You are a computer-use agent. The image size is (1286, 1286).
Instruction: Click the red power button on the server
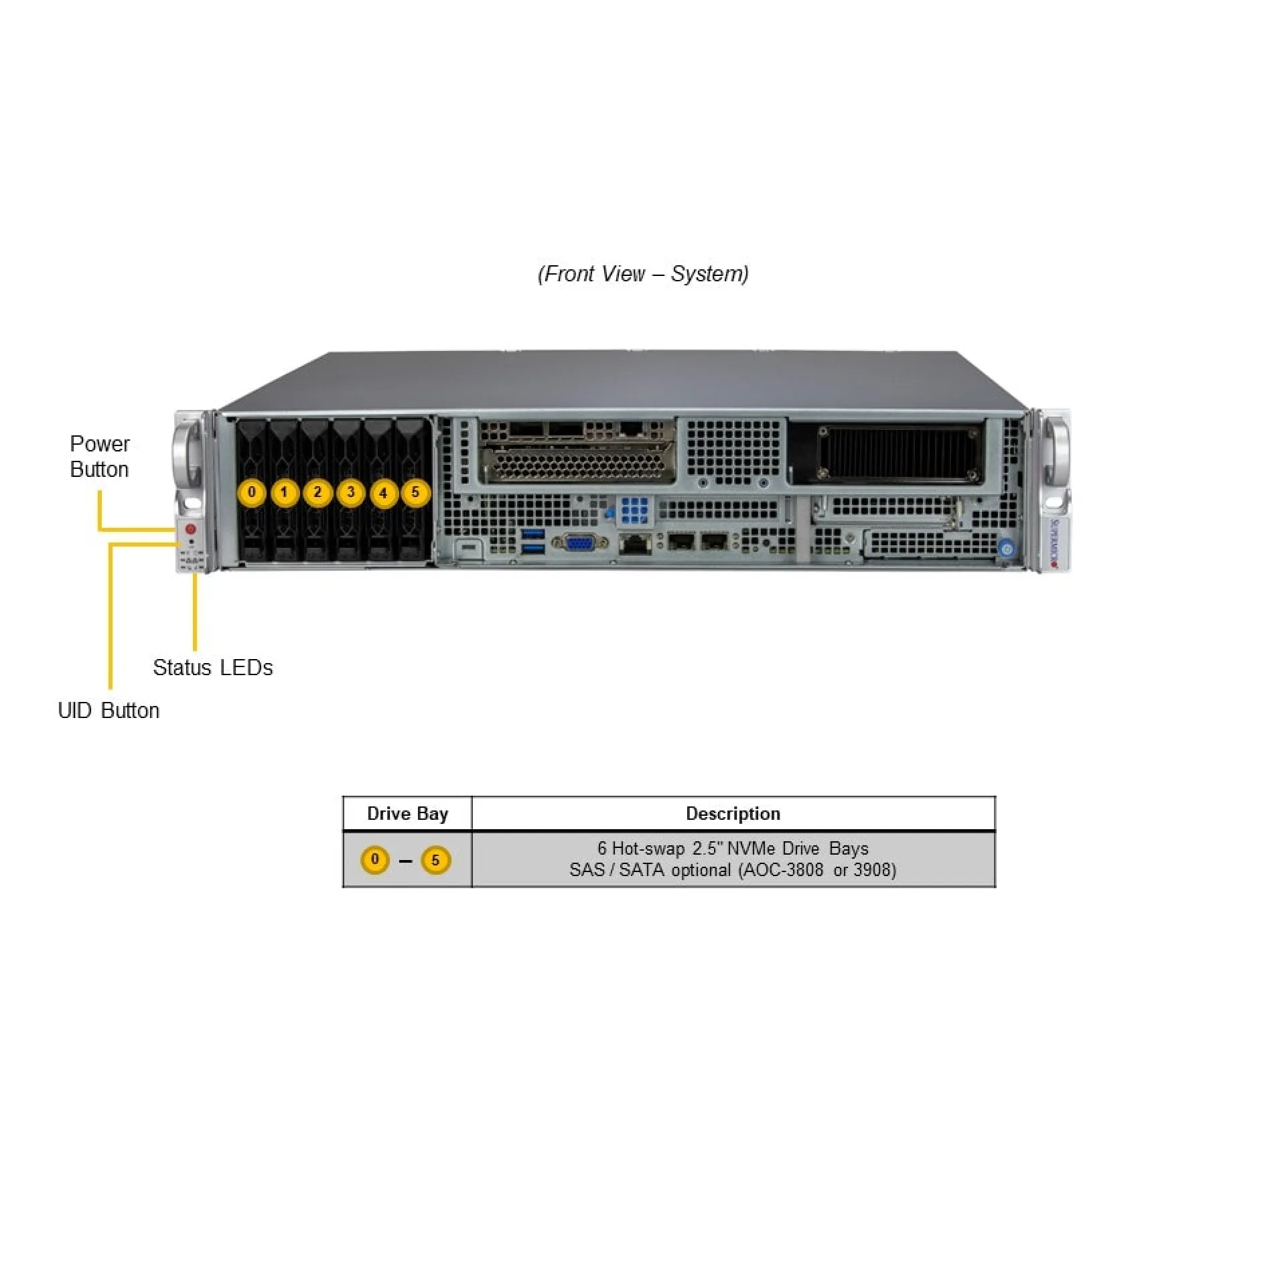(190, 529)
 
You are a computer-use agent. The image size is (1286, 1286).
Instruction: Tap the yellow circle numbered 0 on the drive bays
(252, 492)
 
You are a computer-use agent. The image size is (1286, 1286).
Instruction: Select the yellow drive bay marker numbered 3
(350, 492)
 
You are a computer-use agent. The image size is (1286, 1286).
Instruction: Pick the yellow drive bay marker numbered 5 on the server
(415, 492)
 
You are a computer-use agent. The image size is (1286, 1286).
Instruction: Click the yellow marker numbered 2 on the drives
(317, 492)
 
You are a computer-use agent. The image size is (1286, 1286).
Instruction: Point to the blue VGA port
(580, 543)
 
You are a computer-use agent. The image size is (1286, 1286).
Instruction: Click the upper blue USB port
(533, 534)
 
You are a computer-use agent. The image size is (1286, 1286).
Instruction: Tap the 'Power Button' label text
(100, 456)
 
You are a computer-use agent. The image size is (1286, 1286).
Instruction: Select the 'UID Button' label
(109, 710)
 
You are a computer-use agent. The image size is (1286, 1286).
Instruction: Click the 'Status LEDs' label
(213, 667)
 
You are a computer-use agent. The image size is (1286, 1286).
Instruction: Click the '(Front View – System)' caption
(643, 274)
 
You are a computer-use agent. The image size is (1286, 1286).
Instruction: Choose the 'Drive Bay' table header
(407, 814)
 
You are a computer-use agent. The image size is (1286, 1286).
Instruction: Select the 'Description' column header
(733, 814)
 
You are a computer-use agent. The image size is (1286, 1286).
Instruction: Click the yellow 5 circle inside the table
(435, 860)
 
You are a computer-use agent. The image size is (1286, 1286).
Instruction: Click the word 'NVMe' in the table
(751, 849)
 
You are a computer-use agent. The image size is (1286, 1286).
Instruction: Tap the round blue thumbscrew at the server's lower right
(1006, 549)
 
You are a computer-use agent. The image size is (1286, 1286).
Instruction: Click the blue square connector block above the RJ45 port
(634, 510)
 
